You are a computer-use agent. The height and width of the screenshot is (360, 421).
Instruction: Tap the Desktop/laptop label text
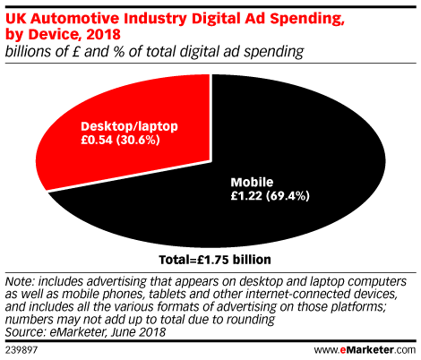coord(129,126)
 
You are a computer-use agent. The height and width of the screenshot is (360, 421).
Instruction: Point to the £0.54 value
coord(97,140)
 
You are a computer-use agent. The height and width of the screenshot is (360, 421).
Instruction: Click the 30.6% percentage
coord(138,140)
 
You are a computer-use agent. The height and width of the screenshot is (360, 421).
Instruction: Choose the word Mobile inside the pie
coord(252,182)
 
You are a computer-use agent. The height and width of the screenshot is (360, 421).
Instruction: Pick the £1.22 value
coord(246,196)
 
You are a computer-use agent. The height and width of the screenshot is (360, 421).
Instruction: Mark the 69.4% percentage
coord(288,196)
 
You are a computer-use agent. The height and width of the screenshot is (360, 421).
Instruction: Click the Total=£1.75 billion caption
coord(215,260)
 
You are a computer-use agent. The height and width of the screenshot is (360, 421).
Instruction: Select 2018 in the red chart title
coord(103,34)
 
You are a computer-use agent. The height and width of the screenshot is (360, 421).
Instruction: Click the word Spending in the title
coord(307,20)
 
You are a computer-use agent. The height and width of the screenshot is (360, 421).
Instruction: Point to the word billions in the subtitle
coord(28,51)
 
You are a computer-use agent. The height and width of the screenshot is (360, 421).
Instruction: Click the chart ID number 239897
coord(21,350)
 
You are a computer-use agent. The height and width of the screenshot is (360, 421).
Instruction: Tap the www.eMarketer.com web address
coord(365,349)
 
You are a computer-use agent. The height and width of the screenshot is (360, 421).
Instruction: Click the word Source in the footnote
coord(25,332)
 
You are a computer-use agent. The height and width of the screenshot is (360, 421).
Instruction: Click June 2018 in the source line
coord(138,332)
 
